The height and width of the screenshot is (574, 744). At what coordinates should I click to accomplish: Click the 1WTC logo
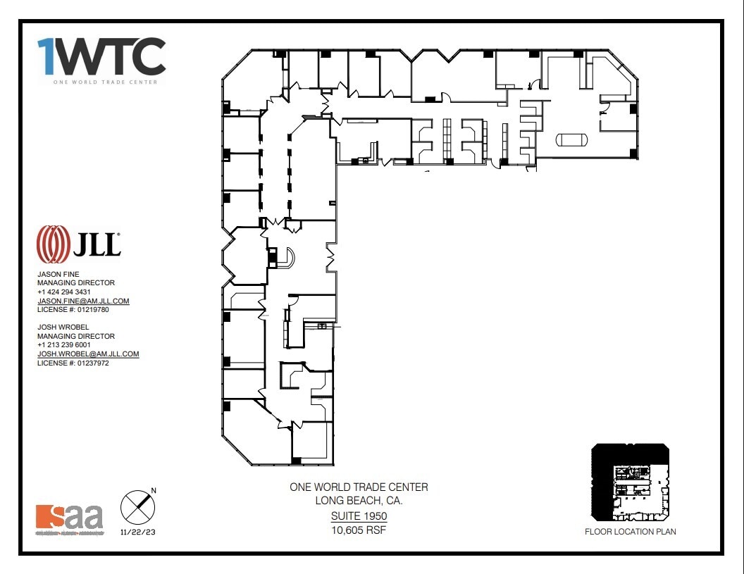click(101, 58)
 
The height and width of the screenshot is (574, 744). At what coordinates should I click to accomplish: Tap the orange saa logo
click(69, 518)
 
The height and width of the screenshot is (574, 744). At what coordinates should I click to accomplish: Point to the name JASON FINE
click(58, 274)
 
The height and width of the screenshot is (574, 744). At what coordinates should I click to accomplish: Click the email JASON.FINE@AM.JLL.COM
click(83, 301)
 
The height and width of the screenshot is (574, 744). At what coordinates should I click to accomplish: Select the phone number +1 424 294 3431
click(64, 292)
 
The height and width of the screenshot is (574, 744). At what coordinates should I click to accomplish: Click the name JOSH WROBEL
click(62, 327)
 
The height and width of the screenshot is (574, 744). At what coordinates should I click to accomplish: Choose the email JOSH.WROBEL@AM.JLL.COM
click(88, 354)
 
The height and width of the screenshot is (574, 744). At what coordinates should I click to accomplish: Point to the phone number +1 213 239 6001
click(64, 345)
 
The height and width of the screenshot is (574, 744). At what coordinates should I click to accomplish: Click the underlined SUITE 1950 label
click(359, 516)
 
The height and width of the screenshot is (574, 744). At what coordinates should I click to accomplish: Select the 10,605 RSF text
click(359, 530)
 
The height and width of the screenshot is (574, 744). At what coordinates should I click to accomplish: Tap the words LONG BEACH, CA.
click(359, 501)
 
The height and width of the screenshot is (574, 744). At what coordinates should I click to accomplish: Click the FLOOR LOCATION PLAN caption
click(630, 532)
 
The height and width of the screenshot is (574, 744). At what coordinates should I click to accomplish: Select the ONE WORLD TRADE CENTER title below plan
click(359, 487)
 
